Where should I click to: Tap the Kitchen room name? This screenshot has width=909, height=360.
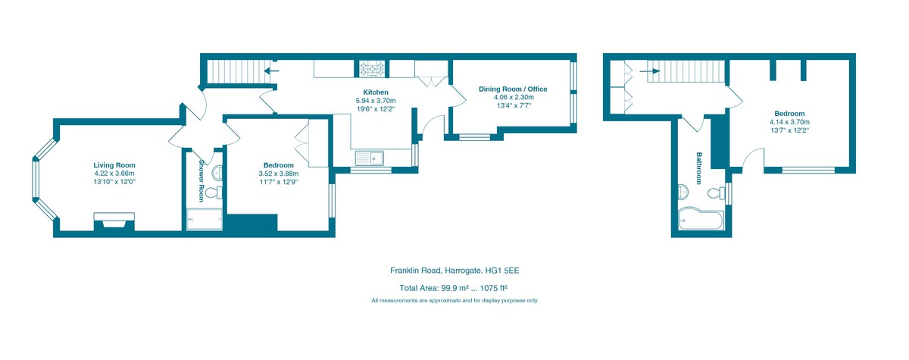(376, 92)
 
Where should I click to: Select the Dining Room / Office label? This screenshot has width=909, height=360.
(513, 89)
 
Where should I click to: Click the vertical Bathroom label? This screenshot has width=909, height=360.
(701, 167)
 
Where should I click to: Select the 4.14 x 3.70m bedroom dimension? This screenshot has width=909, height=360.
(789, 122)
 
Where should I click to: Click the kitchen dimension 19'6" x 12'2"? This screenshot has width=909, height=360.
(376, 109)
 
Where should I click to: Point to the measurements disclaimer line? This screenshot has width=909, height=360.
(454, 301)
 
